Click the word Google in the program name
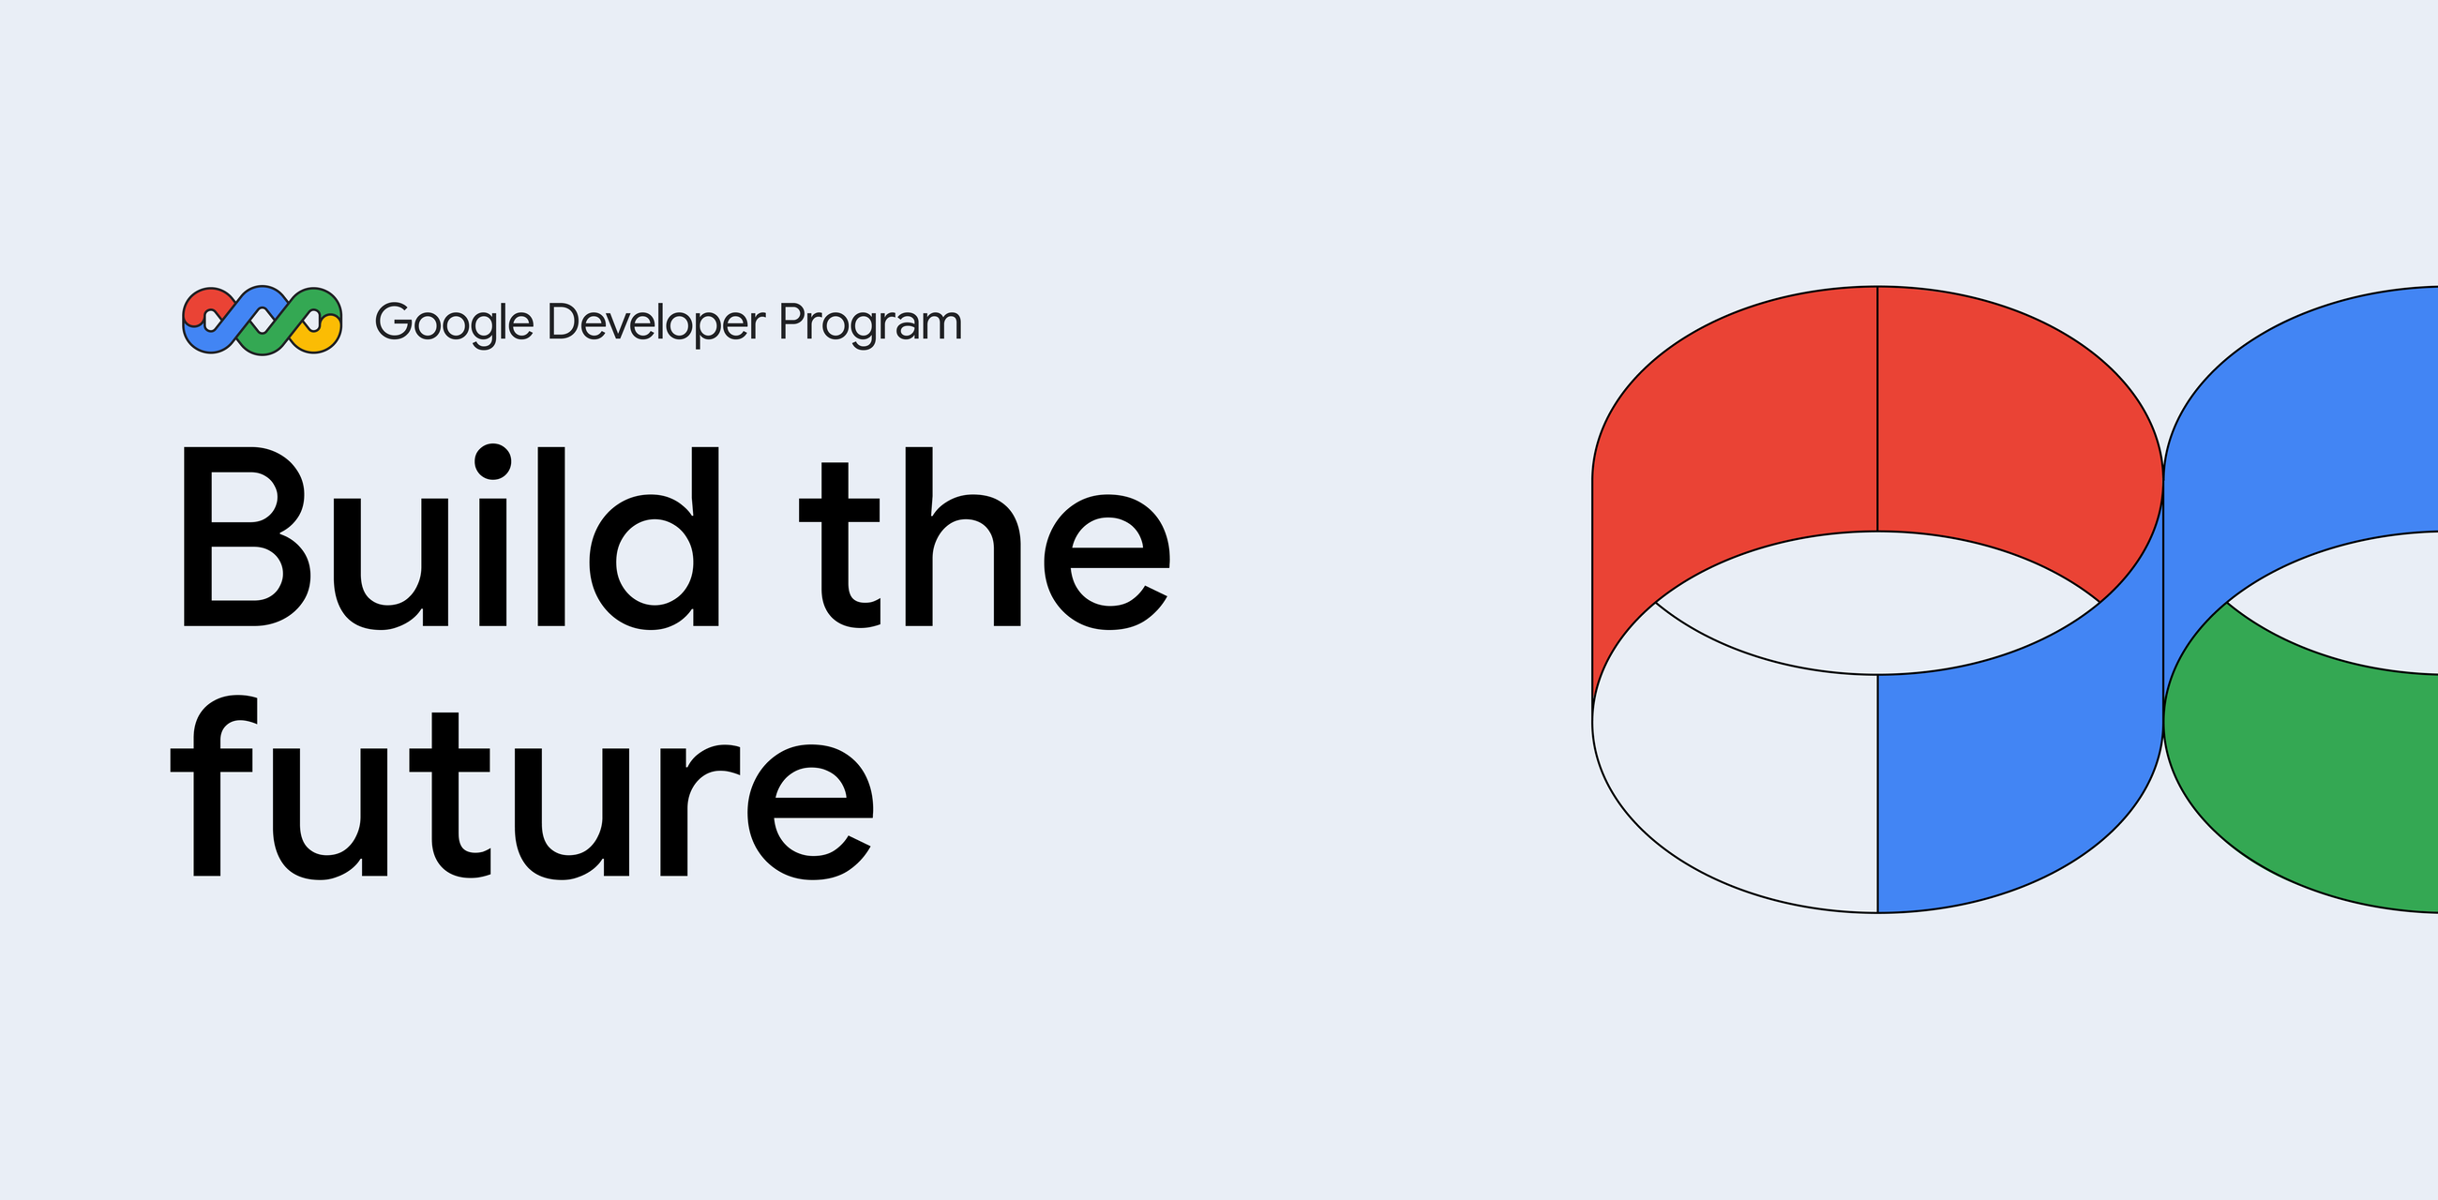(x=454, y=323)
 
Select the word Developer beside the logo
(x=655, y=323)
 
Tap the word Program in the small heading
(x=871, y=323)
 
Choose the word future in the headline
(x=522, y=787)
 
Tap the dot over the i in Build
(x=492, y=462)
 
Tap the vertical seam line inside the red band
(x=1877, y=409)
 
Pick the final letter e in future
(x=811, y=812)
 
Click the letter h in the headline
(x=963, y=536)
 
